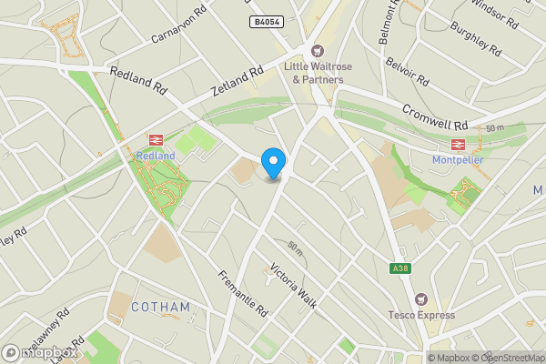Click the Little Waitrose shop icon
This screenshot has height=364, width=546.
point(318,51)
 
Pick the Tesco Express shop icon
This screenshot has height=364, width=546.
point(420,298)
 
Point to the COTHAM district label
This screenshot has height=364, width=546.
point(160,307)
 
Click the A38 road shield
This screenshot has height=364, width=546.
point(399,268)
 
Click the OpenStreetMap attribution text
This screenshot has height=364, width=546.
point(506,358)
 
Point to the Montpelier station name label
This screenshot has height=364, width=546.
point(458,161)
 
